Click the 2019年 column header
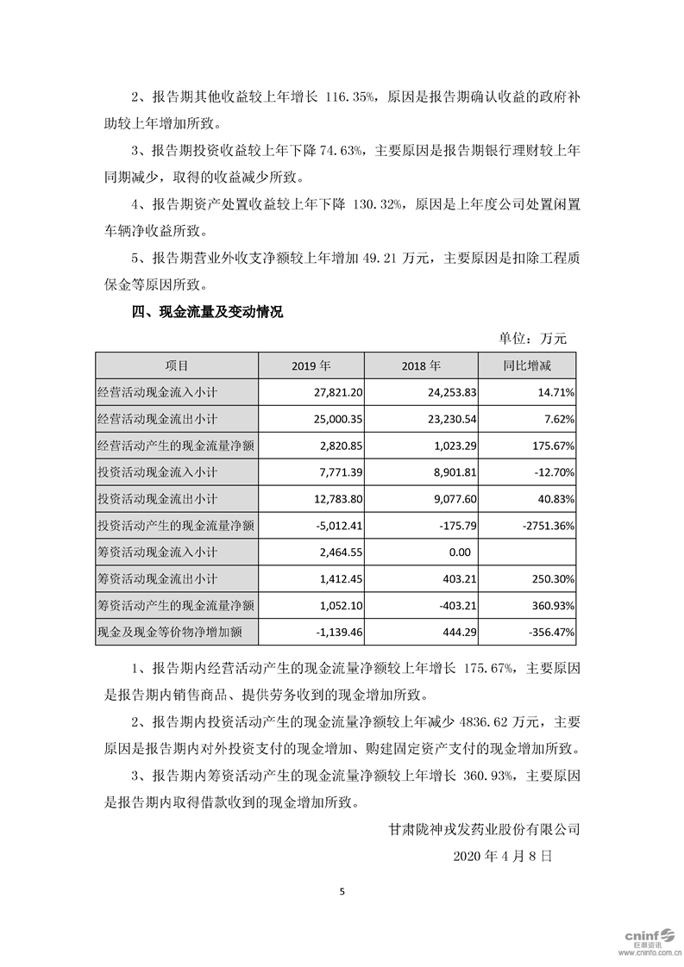coord(317,365)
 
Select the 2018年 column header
coord(420,365)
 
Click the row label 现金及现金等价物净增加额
coord(168,633)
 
